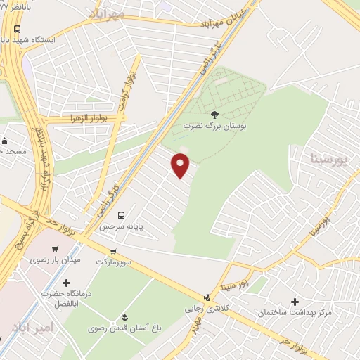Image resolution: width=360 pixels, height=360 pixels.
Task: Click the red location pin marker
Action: coord(181,165)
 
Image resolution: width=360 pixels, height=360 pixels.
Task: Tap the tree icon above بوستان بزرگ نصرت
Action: coord(214,112)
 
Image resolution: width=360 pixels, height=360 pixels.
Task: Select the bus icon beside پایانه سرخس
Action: coord(122,214)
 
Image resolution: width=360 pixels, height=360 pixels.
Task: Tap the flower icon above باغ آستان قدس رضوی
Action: coord(125,316)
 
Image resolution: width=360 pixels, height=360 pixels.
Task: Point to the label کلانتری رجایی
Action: coord(204,309)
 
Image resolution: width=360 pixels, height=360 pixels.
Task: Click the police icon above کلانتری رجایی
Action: coord(206,297)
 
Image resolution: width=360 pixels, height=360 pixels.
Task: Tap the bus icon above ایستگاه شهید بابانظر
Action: coord(17,30)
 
